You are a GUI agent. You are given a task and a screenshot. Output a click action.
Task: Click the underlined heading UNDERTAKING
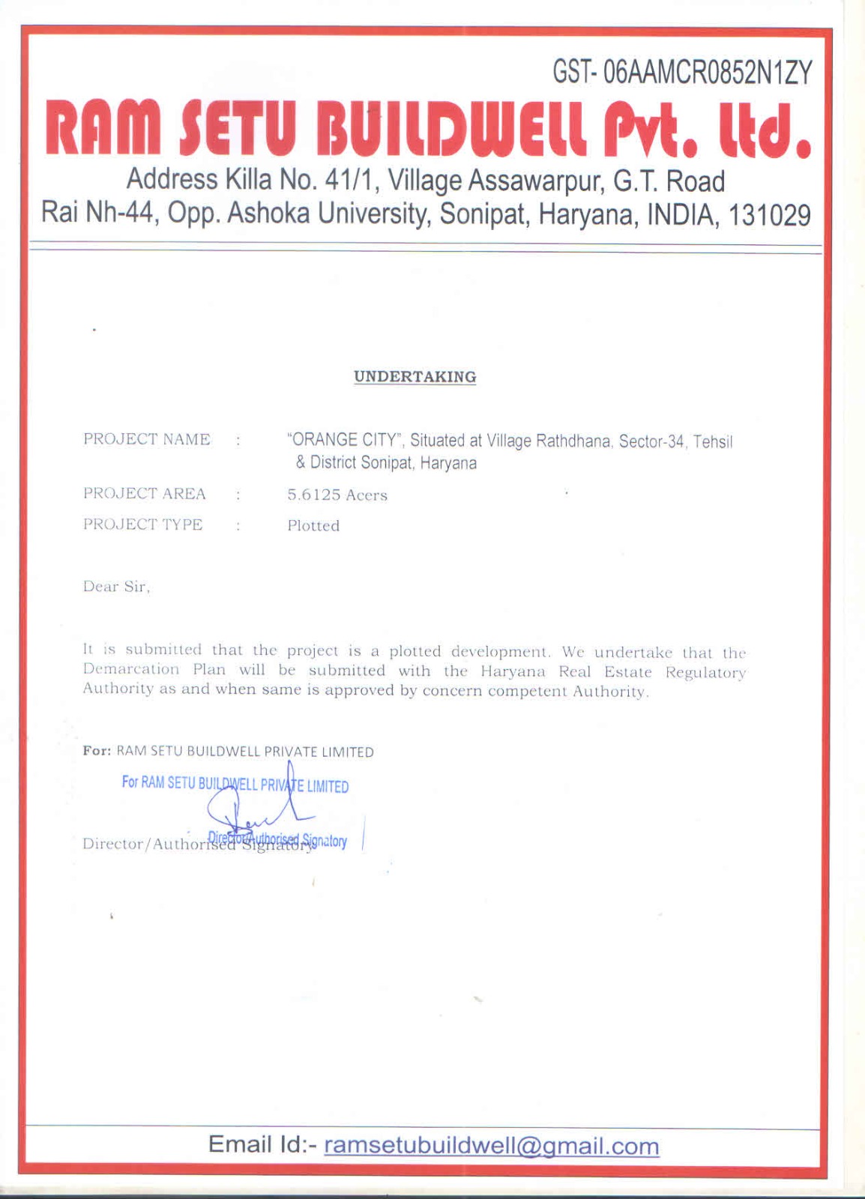coord(415,377)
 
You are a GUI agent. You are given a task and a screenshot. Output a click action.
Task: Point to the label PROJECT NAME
coord(147,439)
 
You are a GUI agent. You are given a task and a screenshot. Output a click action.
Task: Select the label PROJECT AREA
coord(145,494)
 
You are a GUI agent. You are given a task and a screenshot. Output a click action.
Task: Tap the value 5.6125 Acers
coord(337,495)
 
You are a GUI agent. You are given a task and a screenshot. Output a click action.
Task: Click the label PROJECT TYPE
coord(143,525)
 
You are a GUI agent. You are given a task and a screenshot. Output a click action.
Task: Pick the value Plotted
coord(313,526)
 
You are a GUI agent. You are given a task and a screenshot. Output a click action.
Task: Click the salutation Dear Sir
coord(116,587)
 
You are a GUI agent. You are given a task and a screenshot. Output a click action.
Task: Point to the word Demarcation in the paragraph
coord(131,669)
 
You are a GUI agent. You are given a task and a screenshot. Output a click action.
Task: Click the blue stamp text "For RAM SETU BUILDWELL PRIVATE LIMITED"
coord(235,785)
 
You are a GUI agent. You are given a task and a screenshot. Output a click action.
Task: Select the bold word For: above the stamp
coord(97,751)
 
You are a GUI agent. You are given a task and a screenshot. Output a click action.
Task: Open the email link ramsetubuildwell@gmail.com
coord(492,1146)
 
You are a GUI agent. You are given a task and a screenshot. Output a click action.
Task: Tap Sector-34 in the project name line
coord(651,441)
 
